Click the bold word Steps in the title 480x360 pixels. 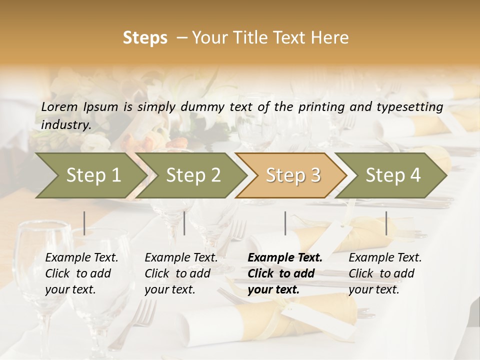(145, 38)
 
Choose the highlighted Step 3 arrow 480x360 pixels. (293, 175)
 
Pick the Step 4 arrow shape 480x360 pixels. (393, 175)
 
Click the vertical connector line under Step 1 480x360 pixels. (84, 223)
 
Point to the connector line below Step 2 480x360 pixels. (184, 223)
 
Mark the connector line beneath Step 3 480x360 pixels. (285, 223)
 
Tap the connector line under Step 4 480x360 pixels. (386, 223)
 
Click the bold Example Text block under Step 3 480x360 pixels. (285, 273)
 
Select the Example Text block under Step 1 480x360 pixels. (81, 273)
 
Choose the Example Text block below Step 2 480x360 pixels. (181, 273)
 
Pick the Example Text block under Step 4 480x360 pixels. (385, 273)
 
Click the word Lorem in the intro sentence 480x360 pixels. (59, 106)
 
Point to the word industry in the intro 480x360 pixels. (65, 125)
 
